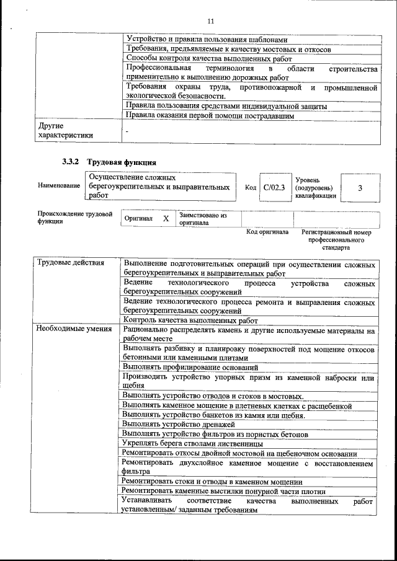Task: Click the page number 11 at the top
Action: (x=211, y=21)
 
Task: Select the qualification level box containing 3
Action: (x=360, y=187)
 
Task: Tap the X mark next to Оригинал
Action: (x=166, y=219)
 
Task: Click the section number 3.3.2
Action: (x=70, y=162)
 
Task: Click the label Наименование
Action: (x=59, y=185)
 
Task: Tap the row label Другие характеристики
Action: (x=65, y=131)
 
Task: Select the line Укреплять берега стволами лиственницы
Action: (x=192, y=444)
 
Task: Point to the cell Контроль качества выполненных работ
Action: (x=190, y=320)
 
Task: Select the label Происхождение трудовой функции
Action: (x=74, y=218)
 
